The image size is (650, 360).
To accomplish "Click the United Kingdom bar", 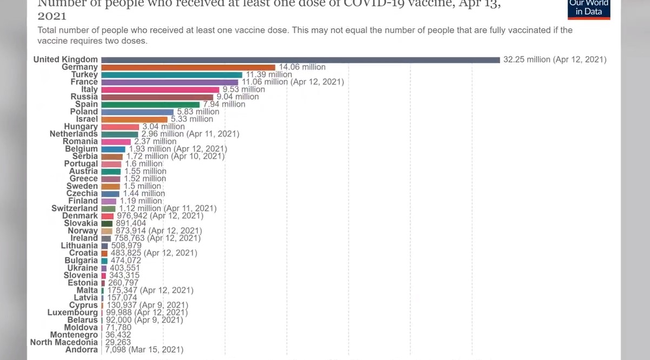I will (300, 59).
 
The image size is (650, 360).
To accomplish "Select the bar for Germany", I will (188, 67).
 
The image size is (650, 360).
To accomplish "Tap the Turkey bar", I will (171, 75).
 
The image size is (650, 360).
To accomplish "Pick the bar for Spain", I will (150, 104).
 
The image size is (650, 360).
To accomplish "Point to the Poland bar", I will (137, 111).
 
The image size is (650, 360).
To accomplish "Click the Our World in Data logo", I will (589, 8).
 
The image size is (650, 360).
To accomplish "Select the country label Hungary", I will (81, 126).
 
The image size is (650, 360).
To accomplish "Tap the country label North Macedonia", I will (64, 342).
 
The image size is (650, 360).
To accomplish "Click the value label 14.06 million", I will (302, 67).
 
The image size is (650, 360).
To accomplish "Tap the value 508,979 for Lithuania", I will (126, 245).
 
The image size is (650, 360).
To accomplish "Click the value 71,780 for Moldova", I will (118, 327).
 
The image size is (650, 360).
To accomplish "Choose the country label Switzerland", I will (75, 208).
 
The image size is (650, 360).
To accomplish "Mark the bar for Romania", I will (116, 142).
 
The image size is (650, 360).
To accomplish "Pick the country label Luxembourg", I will (72, 312).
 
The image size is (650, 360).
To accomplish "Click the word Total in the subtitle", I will (48, 30).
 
